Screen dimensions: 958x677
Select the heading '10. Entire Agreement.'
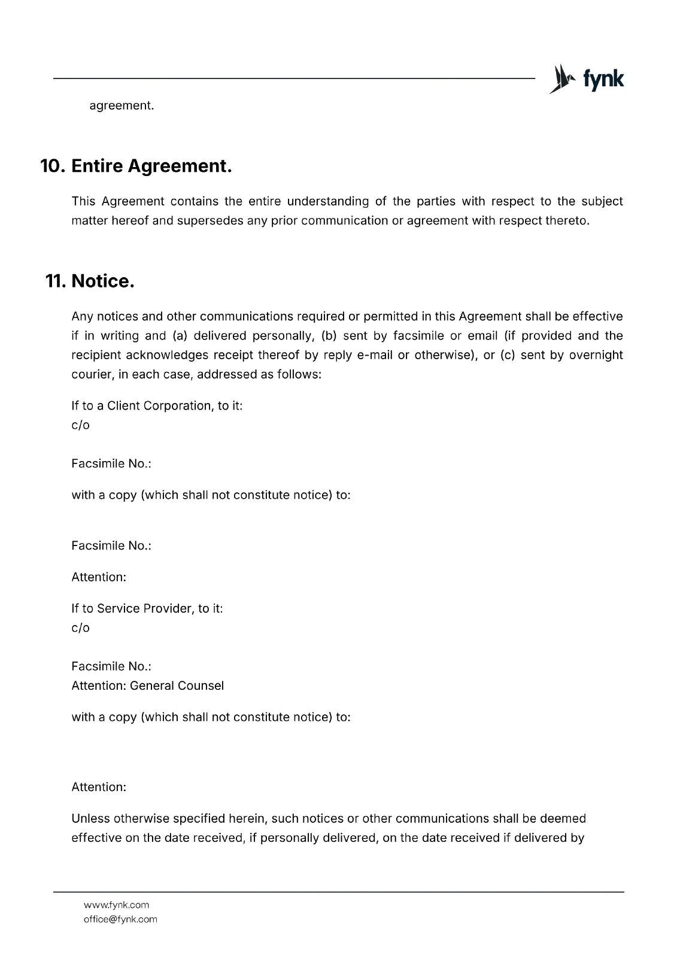coord(136,166)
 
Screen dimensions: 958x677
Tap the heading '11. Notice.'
coord(90,281)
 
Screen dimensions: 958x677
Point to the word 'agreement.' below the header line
coord(122,105)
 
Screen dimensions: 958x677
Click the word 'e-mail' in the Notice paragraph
coord(375,355)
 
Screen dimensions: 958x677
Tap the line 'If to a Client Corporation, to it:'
coord(157,405)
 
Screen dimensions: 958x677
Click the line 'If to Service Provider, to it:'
coord(147,608)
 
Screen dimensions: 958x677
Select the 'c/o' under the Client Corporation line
coord(80,425)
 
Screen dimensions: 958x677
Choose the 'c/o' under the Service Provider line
coord(80,627)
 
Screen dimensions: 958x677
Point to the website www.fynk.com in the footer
coord(117,905)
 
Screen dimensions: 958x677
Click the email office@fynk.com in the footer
coord(120,919)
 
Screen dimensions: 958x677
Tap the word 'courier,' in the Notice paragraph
coord(91,375)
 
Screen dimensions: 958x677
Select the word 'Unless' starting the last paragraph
coord(90,818)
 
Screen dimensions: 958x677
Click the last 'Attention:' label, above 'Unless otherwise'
coord(99,787)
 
